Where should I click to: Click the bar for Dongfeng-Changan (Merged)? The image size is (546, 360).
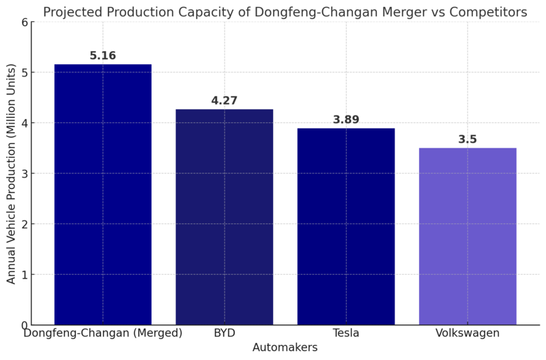102,195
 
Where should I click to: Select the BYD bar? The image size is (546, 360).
224,217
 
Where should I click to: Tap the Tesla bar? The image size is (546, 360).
346,227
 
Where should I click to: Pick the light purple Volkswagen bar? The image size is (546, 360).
468,236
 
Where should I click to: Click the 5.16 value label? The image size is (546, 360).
102,56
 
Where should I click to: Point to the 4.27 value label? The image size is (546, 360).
224,101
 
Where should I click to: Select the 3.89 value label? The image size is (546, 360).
346,120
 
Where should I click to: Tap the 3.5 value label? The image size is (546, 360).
468,140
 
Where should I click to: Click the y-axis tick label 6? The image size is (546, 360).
25,22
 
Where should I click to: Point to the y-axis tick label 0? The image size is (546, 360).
25,325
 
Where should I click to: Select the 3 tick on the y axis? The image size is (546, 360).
25,174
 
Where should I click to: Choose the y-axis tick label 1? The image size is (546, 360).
25,275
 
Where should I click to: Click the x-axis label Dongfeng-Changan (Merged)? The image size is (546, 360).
102,333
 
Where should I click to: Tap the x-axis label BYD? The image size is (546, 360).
224,333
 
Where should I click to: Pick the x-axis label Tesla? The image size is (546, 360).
346,333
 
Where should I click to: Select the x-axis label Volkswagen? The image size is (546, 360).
468,333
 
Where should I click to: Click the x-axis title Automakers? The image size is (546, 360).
285,348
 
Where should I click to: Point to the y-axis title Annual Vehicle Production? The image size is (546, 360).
12,174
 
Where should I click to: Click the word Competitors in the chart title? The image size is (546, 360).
489,12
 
